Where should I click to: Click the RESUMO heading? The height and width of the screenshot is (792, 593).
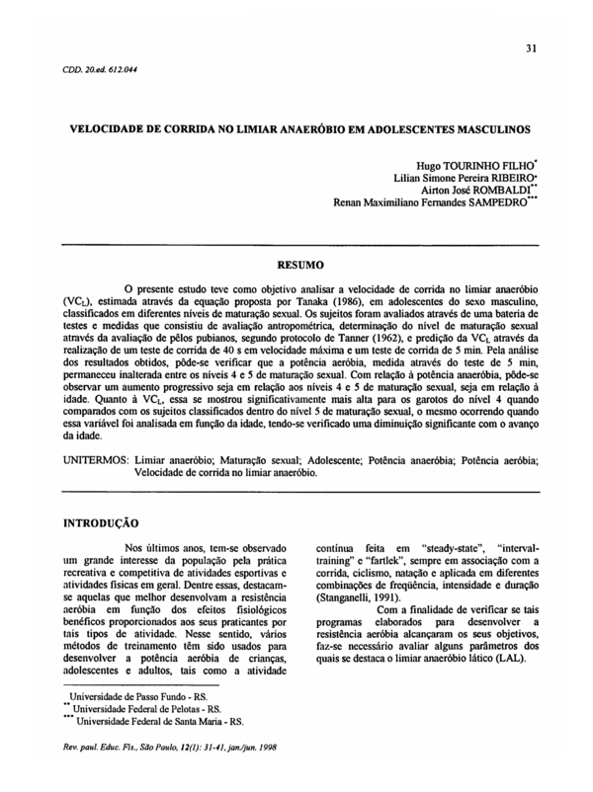(x=296, y=266)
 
